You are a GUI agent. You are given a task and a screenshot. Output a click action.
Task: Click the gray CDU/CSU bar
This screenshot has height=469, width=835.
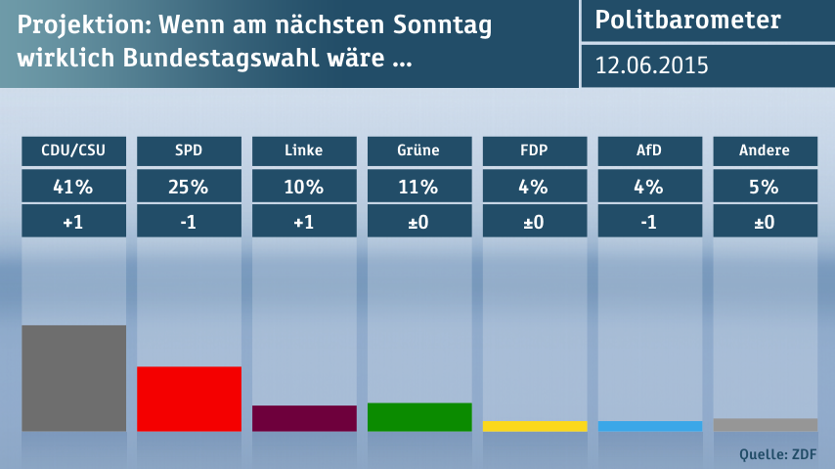[x=73, y=378]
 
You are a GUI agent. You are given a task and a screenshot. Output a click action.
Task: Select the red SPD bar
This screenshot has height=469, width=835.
[x=189, y=399]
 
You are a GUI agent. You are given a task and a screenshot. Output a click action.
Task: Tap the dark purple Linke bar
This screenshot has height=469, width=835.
[x=304, y=418]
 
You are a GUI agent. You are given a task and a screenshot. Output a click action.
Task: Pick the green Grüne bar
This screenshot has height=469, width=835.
[x=419, y=417]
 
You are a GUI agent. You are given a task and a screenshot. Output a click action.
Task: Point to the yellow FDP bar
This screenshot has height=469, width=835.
[x=535, y=426]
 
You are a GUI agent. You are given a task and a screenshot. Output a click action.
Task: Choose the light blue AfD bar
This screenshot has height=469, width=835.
[x=650, y=426]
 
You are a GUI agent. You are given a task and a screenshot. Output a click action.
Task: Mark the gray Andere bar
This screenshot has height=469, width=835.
[x=766, y=425]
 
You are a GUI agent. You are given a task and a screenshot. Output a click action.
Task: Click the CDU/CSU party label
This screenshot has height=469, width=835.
[x=73, y=150]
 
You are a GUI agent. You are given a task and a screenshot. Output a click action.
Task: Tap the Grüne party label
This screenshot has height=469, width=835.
[x=419, y=150]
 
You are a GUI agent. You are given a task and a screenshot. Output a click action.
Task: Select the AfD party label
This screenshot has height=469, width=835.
[x=650, y=150]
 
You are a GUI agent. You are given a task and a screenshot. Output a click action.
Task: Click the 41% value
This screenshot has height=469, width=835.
[x=73, y=186]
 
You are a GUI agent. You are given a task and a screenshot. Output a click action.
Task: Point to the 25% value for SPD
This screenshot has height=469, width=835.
[x=189, y=186]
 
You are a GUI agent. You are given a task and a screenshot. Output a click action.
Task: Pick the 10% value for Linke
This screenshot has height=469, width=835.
[x=304, y=186]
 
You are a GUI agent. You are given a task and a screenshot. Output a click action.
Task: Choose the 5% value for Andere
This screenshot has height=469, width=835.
[x=766, y=186]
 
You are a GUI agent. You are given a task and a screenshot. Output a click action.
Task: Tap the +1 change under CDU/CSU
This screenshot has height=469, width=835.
[x=73, y=222]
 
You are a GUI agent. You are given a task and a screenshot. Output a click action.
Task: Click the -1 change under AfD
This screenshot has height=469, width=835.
[x=650, y=222]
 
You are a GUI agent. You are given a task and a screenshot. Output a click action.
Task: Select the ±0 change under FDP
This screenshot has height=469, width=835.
[x=535, y=222]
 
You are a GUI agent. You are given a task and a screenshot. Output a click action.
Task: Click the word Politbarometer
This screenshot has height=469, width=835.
[x=688, y=21]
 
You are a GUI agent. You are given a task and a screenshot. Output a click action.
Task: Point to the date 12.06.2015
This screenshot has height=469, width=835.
[x=652, y=65]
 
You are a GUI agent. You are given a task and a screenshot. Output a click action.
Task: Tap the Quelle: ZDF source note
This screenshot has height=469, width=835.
[x=778, y=453]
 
